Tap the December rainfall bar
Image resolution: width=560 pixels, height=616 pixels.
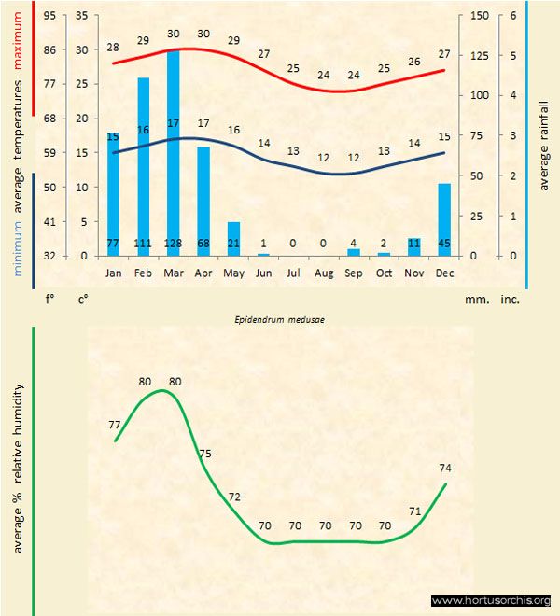point(444,219)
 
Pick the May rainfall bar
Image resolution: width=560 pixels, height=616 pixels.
point(234,239)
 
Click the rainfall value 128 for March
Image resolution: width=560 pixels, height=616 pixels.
point(174,244)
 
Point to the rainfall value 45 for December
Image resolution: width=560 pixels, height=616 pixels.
point(444,244)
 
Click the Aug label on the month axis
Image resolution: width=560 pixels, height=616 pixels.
point(324,273)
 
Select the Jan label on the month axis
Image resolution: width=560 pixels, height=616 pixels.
point(114,273)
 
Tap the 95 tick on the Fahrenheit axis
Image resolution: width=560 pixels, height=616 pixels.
point(49,16)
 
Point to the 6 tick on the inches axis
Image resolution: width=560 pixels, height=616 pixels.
point(513,16)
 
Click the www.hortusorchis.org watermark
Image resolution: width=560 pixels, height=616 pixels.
point(491,600)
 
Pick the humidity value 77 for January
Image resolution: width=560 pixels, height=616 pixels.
point(115,424)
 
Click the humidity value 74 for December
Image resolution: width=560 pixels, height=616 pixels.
point(447,468)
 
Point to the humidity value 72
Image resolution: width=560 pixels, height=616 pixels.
point(234,497)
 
